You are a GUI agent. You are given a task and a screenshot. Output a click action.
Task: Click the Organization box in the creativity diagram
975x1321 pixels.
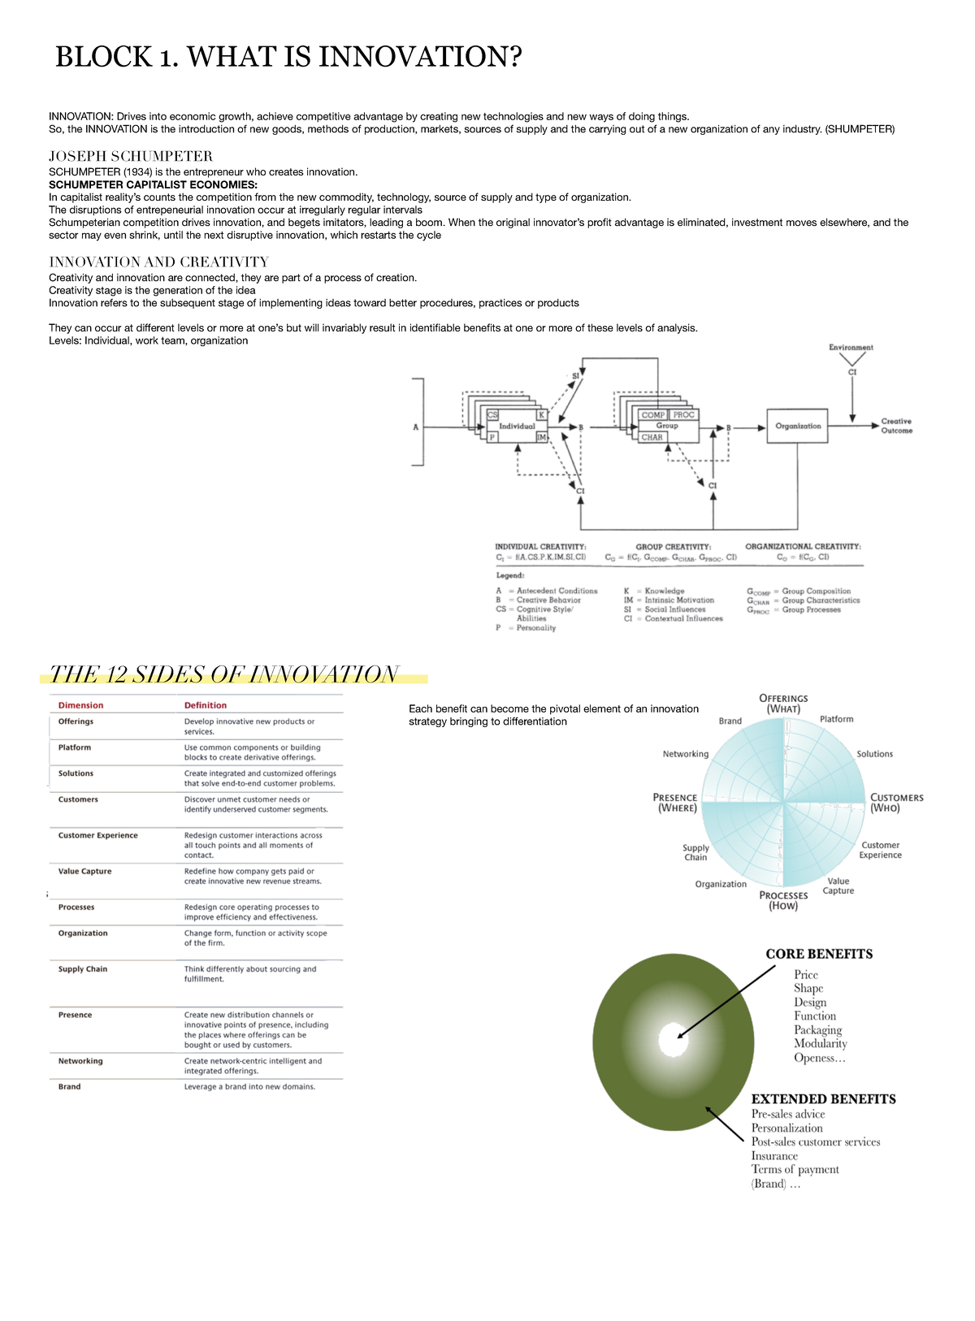click(798, 426)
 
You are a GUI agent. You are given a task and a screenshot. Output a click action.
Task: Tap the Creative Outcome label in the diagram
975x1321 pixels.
click(896, 426)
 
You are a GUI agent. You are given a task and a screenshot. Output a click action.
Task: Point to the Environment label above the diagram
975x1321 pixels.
click(851, 348)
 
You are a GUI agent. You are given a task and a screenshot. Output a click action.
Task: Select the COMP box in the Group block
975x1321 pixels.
click(652, 415)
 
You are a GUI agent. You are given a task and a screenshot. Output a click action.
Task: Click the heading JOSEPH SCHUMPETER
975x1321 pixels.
click(131, 156)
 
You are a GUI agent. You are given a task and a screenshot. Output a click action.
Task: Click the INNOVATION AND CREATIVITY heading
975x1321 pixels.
click(158, 262)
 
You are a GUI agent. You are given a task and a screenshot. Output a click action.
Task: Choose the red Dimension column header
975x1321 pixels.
click(80, 705)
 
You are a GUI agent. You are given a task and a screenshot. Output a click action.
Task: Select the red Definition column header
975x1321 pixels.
click(205, 705)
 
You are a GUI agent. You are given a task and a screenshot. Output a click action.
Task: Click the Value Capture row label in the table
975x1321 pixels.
click(84, 871)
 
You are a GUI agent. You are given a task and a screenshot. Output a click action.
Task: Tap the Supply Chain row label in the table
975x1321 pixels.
click(82, 969)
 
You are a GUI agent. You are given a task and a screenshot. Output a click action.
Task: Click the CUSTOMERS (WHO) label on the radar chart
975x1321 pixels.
click(896, 803)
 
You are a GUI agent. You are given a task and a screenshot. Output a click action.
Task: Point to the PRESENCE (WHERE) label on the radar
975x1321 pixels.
click(675, 803)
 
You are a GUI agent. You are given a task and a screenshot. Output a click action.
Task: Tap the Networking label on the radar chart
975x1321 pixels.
click(685, 754)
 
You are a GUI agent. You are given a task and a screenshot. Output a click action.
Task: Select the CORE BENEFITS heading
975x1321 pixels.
click(819, 954)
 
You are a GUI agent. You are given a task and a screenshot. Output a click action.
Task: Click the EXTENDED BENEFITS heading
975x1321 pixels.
click(823, 1099)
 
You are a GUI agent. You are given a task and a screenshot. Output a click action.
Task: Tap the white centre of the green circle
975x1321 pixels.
click(673, 1040)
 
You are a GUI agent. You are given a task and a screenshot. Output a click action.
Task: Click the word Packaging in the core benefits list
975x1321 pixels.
click(817, 1030)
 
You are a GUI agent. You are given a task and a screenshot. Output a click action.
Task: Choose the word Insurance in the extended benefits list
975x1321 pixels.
click(774, 1156)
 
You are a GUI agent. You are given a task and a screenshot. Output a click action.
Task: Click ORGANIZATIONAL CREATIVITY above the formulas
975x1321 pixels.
click(803, 547)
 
